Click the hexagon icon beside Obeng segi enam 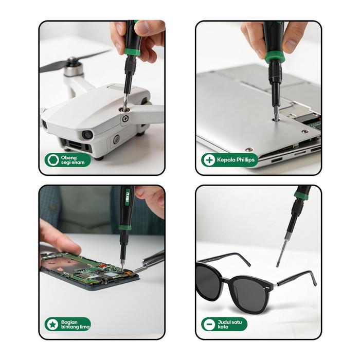point(53,160)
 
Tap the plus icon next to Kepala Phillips point(209,160)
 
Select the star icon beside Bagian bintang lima point(52,325)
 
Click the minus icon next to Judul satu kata point(209,325)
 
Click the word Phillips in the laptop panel point(245,160)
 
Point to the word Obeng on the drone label point(69,158)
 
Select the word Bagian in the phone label point(69,322)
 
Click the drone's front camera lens point(87,135)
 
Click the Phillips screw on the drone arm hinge point(125,119)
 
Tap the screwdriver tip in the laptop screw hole point(277,118)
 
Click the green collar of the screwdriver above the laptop point(274,57)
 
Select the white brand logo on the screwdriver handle point(128,197)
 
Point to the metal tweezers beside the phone point(149,261)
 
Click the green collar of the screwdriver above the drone point(132,51)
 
